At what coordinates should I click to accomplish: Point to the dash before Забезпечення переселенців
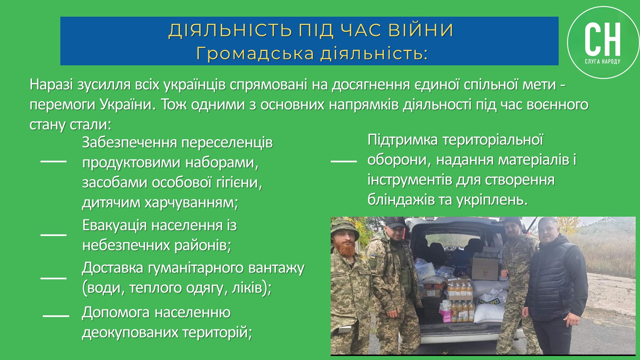53,161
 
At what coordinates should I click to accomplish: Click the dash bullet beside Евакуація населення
53,235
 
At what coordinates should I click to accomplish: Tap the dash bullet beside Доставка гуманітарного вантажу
53,278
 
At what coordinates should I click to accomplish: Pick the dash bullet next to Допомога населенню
56,315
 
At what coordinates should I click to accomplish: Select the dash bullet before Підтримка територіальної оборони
344,161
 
